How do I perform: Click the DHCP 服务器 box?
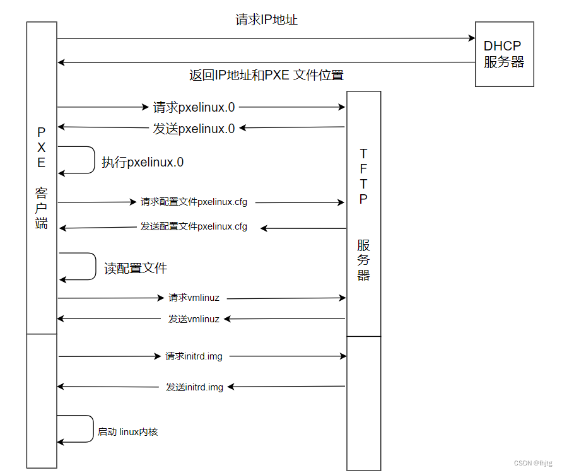coord(504,54)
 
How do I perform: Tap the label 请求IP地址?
coord(266,20)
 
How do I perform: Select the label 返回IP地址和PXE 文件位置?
coord(266,75)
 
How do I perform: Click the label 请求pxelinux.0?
coord(194,107)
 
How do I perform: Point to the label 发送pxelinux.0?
coord(194,129)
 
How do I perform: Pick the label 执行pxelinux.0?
coord(143,162)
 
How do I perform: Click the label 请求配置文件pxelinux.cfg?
coord(194,202)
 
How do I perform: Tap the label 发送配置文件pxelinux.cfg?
coord(194,226)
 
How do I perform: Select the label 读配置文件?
coord(136,268)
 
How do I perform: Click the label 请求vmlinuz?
coord(194,298)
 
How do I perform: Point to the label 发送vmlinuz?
coord(194,319)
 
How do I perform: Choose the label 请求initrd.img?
coord(194,356)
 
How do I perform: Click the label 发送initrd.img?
coord(194,387)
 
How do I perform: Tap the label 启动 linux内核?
coord(127,432)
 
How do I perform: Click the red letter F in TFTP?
coord(363,168)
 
